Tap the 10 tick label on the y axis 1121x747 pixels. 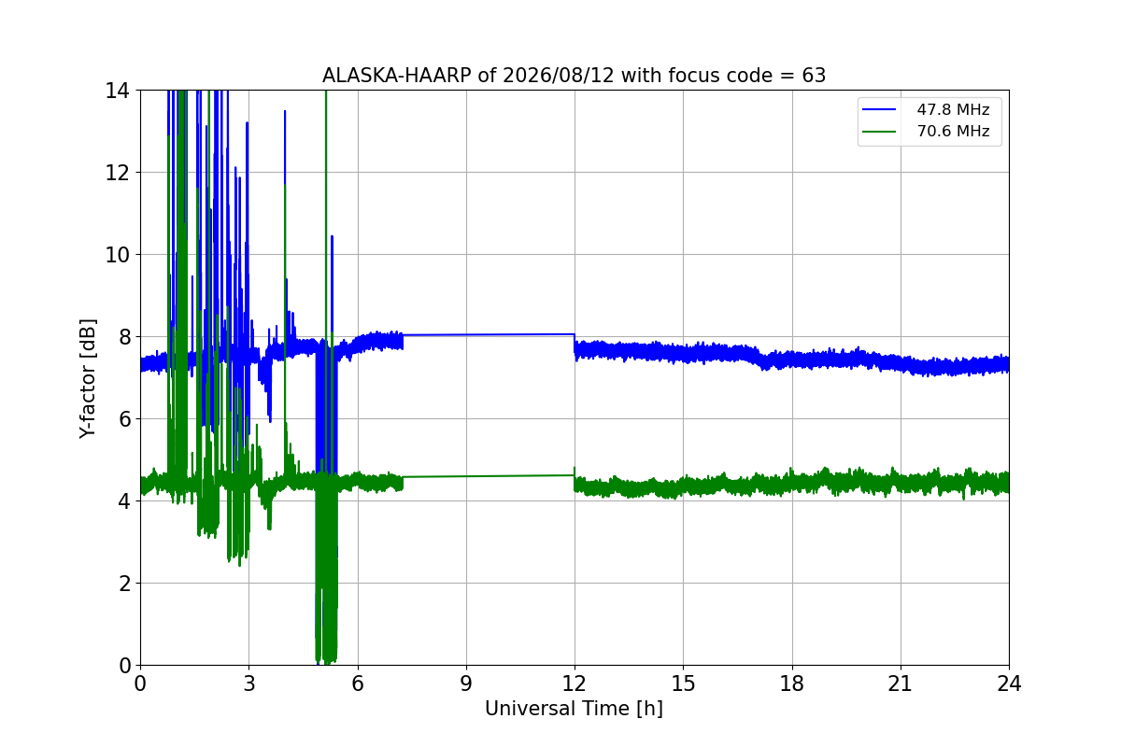point(117,255)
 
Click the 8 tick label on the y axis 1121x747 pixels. point(123,337)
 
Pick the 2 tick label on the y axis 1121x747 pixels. point(123,584)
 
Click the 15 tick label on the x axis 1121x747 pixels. point(683,684)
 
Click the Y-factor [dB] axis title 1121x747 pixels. point(88,379)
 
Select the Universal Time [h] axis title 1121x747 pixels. point(574,709)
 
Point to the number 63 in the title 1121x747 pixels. point(814,76)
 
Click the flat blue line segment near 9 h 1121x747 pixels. point(489,334)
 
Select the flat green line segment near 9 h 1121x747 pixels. point(489,476)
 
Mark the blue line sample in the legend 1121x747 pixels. point(879,109)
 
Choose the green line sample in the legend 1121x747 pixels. point(879,132)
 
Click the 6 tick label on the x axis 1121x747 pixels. point(357,684)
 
